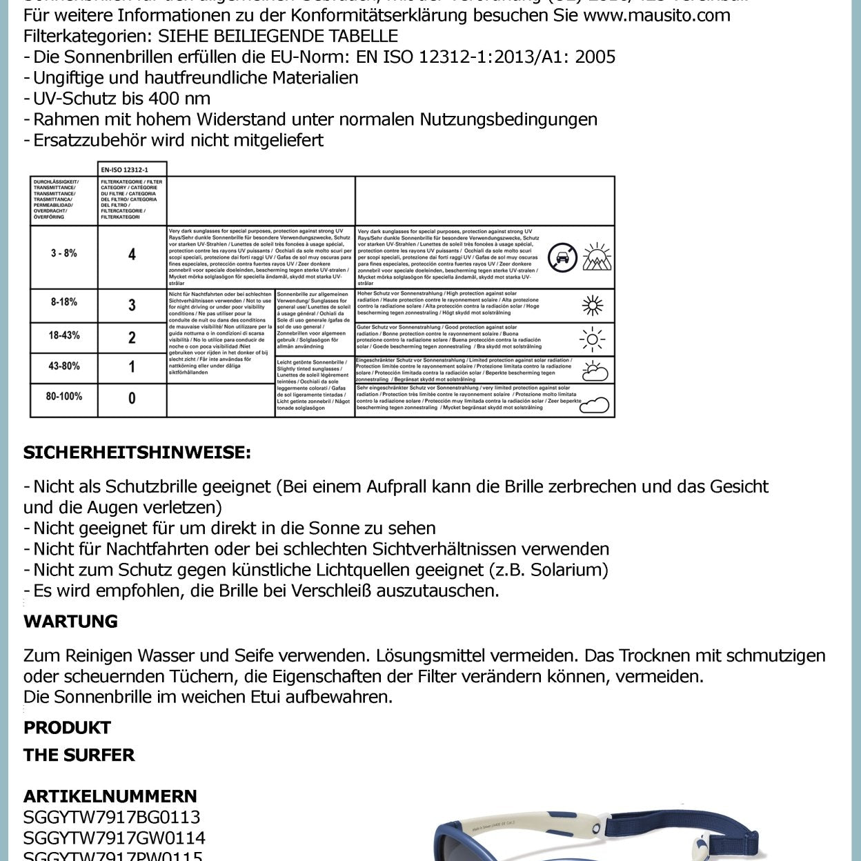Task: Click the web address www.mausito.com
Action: (x=656, y=15)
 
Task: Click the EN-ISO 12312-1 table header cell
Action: (x=132, y=169)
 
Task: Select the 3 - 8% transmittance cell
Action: (x=63, y=254)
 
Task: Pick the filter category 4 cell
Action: (x=132, y=255)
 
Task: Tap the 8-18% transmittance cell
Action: (x=63, y=302)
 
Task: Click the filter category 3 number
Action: (x=132, y=305)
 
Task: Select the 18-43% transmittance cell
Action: (x=63, y=335)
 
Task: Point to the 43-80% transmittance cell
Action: (x=63, y=366)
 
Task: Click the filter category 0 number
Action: (x=132, y=398)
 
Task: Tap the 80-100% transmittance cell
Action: (x=63, y=397)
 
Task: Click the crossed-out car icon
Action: (x=562, y=257)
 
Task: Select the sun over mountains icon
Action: (x=597, y=257)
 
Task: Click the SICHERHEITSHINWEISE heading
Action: (x=137, y=453)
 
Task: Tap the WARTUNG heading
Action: (x=70, y=622)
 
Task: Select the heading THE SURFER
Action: (x=79, y=755)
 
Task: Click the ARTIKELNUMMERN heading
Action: (x=110, y=796)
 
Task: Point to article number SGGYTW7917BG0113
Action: (x=112, y=818)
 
